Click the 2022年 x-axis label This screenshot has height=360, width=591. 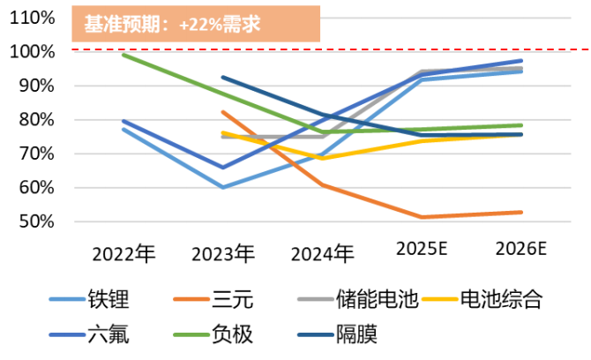123,254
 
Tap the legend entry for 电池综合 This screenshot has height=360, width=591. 509,301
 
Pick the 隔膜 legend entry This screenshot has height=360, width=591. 357,336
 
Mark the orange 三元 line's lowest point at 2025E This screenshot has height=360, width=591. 422,217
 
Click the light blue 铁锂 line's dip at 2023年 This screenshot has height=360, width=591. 222,187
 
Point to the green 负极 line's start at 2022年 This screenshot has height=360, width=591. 123,55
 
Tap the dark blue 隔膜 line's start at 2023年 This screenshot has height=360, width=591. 222,78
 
